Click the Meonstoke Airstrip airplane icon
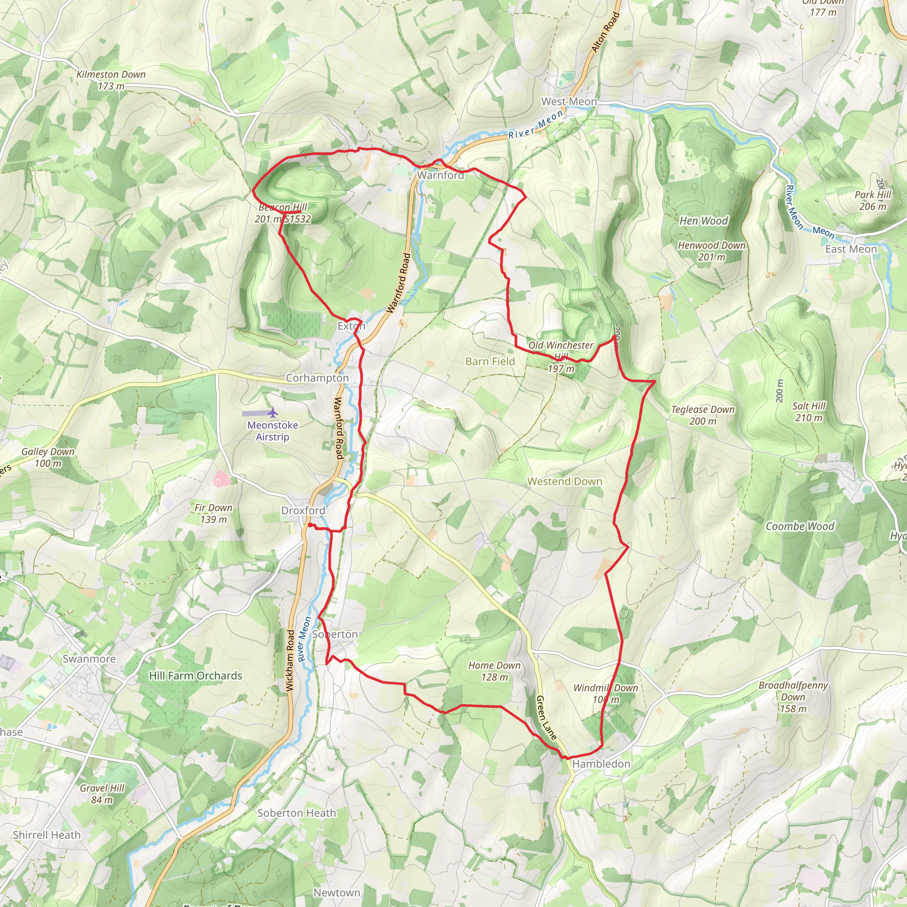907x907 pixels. point(273,413)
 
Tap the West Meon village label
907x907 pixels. point(569,101)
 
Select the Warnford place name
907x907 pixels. point(440,175)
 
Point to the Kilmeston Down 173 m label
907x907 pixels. point(111,80)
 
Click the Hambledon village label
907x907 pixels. point(601,764)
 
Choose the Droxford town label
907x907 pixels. point(303,510)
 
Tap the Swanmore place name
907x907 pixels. point(89,659)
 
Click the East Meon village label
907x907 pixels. point(851,249)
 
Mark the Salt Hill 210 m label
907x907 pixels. point(809,412)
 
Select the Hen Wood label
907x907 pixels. point(704,221)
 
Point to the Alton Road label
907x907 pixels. point(605,32)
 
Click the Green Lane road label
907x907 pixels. point(546,718)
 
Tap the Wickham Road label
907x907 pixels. point(290,660)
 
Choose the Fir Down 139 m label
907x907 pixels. point(213,513)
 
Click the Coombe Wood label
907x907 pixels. point(800,526)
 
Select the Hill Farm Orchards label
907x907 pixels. point(196,675)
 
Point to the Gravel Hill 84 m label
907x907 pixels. point(102,793)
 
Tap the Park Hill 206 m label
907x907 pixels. point(873,201)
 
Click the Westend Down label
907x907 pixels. point(565,481)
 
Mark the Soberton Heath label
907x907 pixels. point(297,813)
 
